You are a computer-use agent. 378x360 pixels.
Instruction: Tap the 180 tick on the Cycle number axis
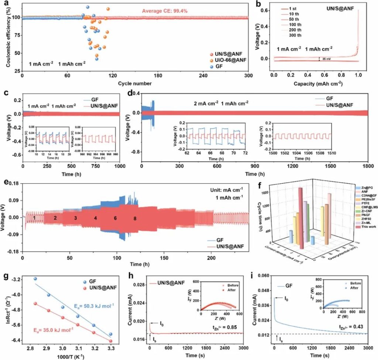(x=158, y=76)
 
